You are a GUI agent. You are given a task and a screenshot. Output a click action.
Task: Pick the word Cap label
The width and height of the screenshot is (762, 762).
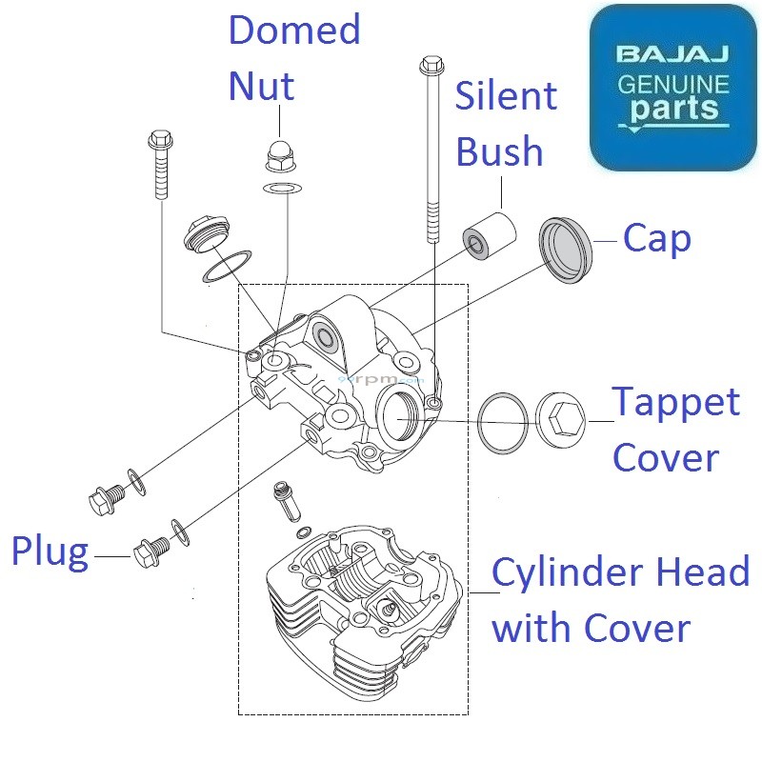(x=656, y=239)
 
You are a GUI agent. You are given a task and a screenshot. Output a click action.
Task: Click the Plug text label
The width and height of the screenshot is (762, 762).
(x=50, y=551)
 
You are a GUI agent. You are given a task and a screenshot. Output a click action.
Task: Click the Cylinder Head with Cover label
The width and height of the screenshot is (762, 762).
(x=620, y=600)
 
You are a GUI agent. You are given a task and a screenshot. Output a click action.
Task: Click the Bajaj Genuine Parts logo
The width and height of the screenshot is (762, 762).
(x=672, y=87)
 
